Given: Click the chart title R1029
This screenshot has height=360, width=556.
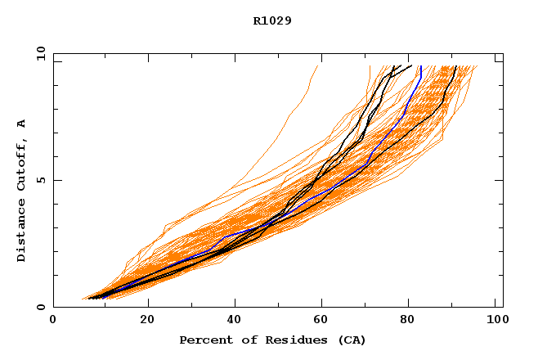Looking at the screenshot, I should [x=272, y=20].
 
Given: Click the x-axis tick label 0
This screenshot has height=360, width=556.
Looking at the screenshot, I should [x=53, y=321].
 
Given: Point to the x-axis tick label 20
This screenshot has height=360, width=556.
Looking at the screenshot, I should [x=147, y=321].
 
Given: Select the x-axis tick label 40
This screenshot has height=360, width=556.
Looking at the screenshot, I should [x=235, y=321].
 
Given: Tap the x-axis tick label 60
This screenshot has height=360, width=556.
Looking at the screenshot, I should [x=325, y=321].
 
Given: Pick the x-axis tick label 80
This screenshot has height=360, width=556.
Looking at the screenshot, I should [x=413, y=321].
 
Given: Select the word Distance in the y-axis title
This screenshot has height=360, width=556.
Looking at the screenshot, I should [x=22, y=230].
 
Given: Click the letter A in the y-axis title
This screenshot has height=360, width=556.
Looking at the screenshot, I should [x=22, y=124].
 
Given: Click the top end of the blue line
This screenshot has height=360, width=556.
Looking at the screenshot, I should [x=419, y=66].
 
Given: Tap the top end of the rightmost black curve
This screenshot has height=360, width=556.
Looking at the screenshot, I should [x=455, y=66].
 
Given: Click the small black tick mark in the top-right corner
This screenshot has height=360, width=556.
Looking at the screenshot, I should [x=498, y=60].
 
